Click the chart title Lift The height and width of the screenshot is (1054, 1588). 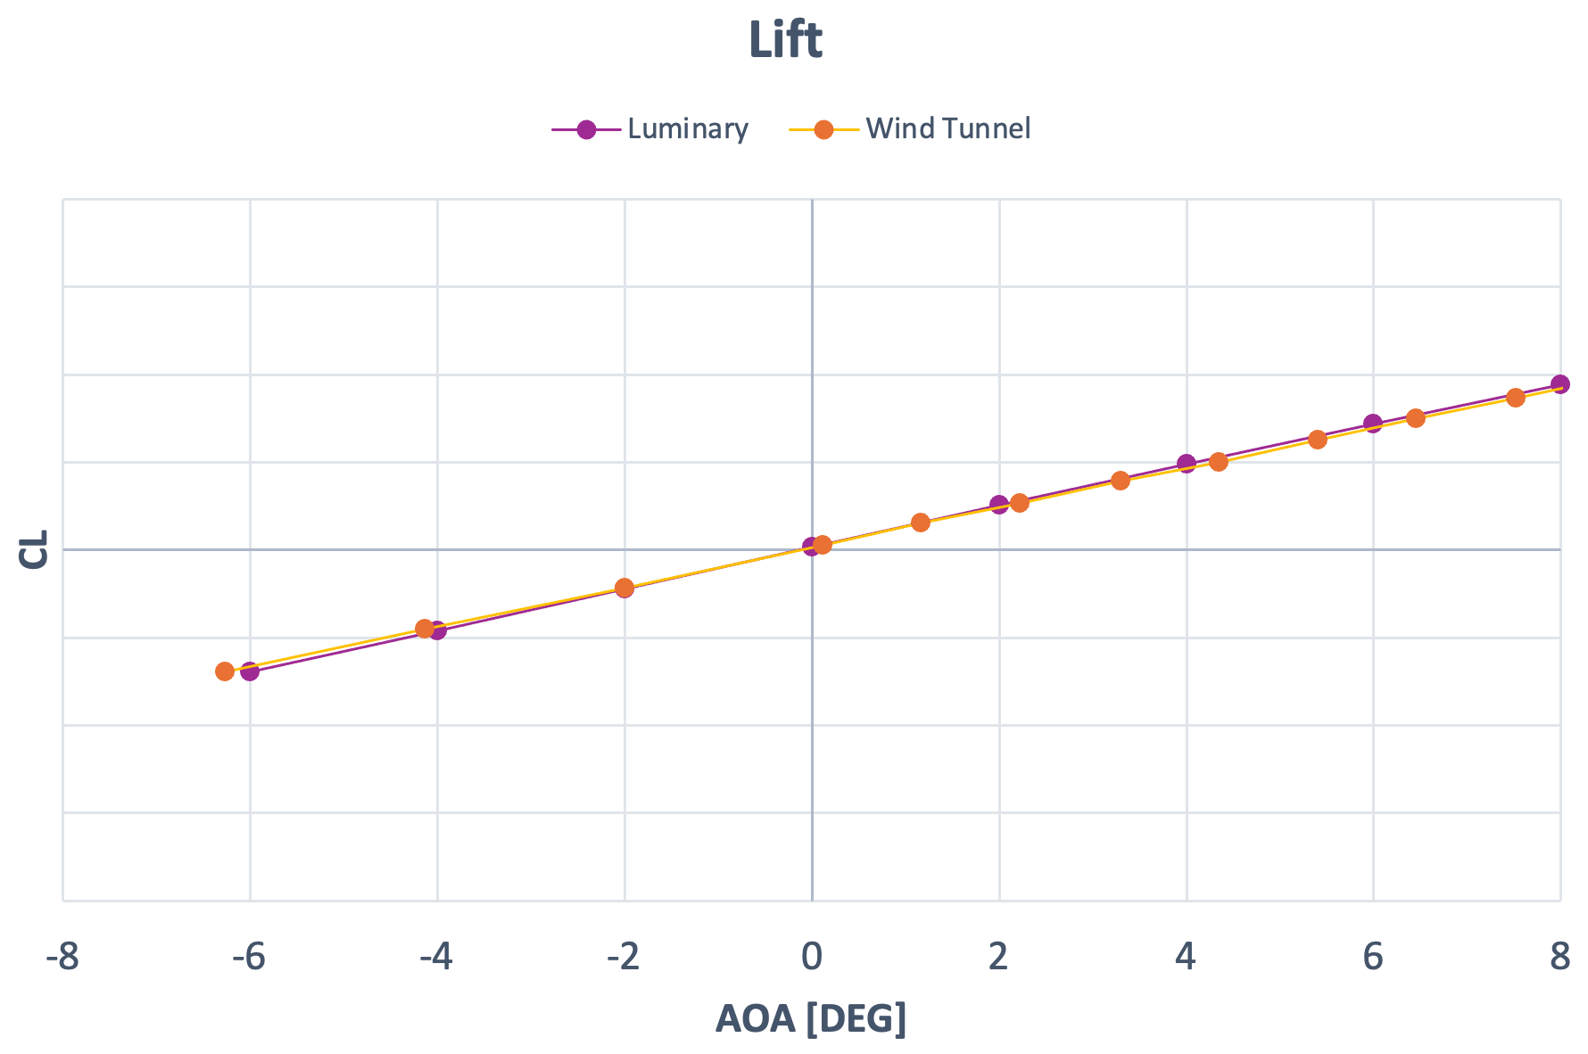tap(785, 41)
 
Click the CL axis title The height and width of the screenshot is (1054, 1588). tap(34, 549)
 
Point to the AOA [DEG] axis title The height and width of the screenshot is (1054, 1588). tap(810, 1018)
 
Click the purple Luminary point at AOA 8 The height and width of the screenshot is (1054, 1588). tap(1560, 384)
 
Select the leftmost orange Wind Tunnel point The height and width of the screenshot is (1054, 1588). tap(225, 671)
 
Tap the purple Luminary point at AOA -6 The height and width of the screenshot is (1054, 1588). tap(251, 671)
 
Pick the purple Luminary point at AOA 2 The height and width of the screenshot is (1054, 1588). tap(999, 505)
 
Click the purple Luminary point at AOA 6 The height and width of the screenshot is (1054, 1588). tap(1373, 423)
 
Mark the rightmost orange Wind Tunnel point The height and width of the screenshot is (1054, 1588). tap(1515, 397)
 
